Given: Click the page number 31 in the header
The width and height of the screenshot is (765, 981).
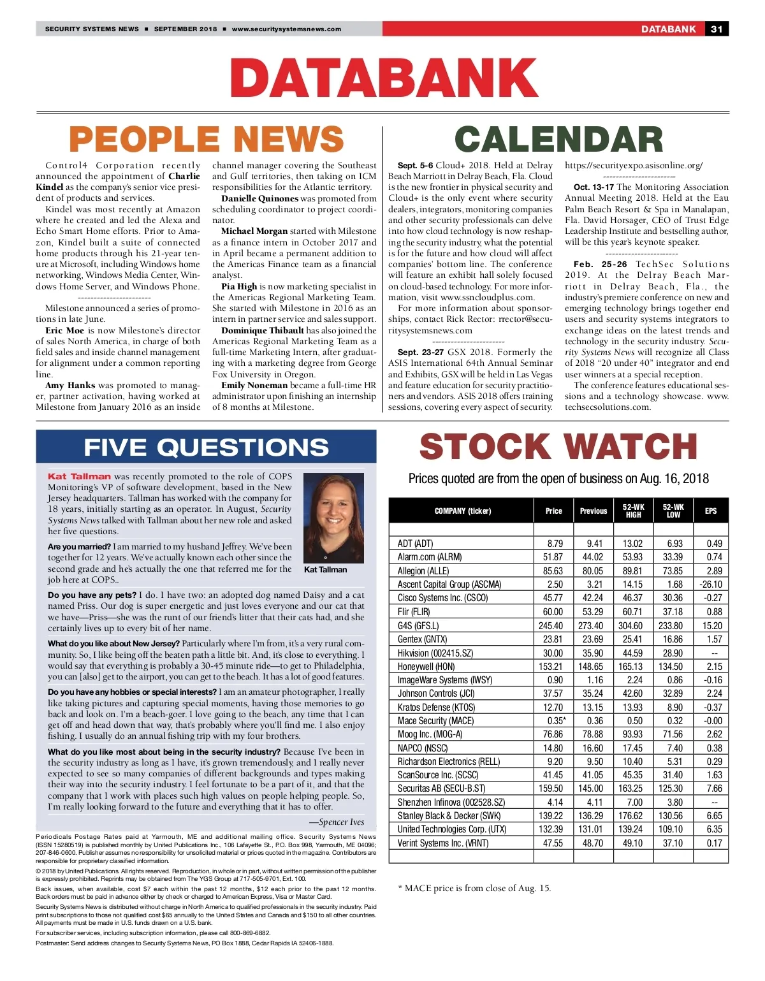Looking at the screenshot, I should click(x=717, y=29).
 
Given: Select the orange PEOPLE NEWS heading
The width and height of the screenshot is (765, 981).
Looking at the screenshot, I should click(x=206, y=140).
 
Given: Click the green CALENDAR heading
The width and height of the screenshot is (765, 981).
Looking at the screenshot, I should click(x=558, y=140).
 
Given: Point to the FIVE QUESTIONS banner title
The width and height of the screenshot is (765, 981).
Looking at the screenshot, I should click(x=206, y=447).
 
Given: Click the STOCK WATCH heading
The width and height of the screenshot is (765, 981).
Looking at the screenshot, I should click(x=558, y=447).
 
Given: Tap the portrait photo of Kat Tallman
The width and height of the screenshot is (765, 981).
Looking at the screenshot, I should click(x=333, y=516).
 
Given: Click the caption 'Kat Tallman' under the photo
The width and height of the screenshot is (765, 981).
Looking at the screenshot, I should click(x=326, y=570).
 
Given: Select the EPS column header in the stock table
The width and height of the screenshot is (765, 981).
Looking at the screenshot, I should click(x=710, y=511).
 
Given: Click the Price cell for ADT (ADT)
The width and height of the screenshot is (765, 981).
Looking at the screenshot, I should click(x=555, y=544).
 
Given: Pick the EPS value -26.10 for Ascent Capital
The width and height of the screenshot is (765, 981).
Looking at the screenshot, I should click(x=710, y=585).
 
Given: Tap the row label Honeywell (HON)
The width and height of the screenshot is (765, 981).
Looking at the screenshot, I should click(x=426, y=666).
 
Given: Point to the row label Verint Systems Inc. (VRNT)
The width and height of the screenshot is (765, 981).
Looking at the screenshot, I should click(x=442, y=843).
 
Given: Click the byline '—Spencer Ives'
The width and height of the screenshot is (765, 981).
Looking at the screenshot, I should click(x=337, y=822).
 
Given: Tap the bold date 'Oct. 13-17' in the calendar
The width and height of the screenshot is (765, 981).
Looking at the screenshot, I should click(x=594, y=187).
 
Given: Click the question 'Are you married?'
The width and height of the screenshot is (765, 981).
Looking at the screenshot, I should click(x=79, y=547).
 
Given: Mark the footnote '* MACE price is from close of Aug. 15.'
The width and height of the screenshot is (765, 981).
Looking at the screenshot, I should click(x=474, y=889).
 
